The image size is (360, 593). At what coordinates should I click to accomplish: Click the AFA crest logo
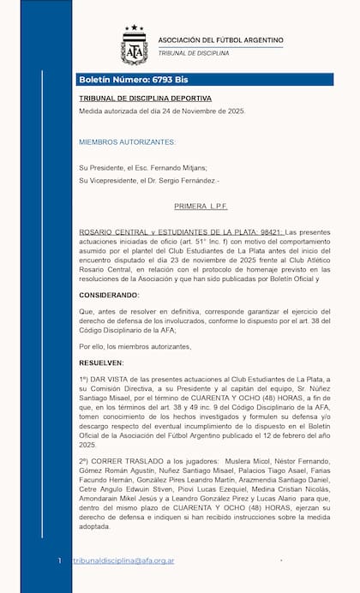(134, 45)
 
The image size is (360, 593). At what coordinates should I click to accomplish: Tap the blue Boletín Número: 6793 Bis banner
(133, 79)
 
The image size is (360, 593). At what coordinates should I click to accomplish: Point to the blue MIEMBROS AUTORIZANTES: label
(127, 141)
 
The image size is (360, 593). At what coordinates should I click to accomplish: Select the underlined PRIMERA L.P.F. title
(201, 207)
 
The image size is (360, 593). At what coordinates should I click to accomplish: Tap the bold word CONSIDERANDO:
(108, 295)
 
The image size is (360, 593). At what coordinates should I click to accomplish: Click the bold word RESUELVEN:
(102, 362)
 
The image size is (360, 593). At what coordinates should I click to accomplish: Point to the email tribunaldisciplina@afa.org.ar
(123, 560)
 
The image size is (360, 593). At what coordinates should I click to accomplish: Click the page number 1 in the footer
(59, 560)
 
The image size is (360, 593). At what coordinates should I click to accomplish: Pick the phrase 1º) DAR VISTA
(109, 380)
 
